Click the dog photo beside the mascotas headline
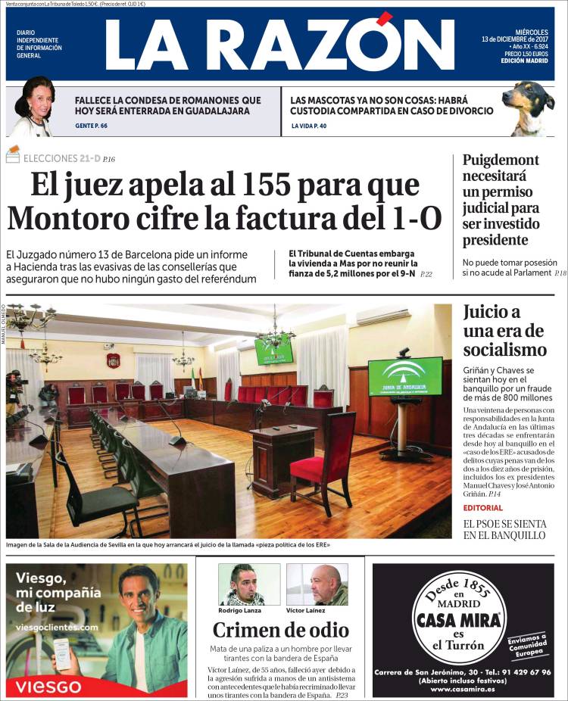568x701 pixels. pyautogui.click(x=529, y=107)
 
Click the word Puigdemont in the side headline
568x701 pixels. pyautogui.click(x=501, y=160)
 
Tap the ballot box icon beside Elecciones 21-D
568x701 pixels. pyautogui.click(x=13, y=156)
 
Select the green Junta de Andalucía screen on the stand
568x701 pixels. pyautogui.click(x=404, y=376)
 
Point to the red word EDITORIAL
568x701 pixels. pyautogui.click(x=482, y=507)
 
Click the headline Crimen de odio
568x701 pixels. pyautogui.click(x=280, y=630)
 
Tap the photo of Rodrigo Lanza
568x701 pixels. pyautogui.click(x=249, y=584)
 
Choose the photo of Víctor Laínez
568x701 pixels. pyautogui.click(x=317, y=584)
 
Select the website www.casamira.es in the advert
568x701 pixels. pyautogui.click(x=463, y=689)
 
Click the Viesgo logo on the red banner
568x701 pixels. pyautogui.click(x=48, y=687)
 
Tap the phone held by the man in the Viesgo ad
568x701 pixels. pyautogui.click(x=62, y=653)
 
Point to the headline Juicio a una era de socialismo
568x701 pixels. pyautogui.click(x=504, y=330)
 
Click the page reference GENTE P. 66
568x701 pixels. pyautogui.click(x=91, y=126)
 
